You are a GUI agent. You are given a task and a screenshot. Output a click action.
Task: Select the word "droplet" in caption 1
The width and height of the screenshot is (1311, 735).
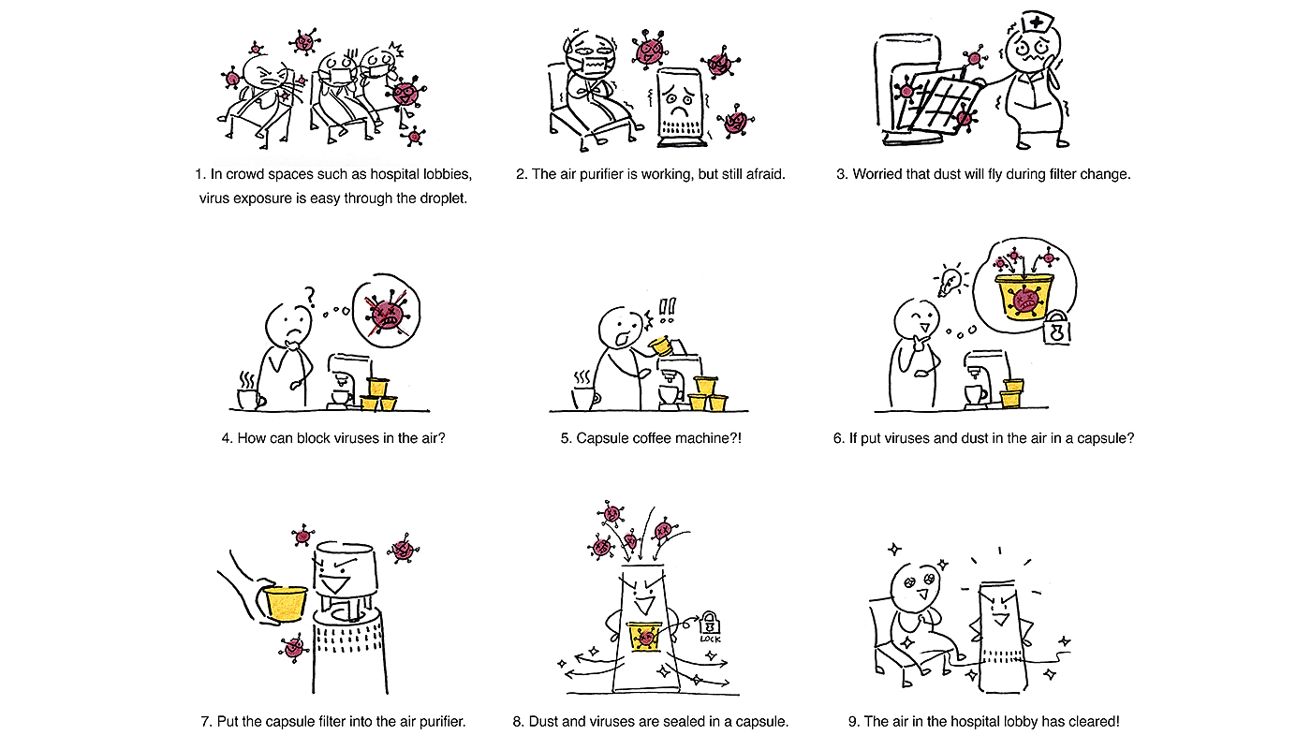[438, 198]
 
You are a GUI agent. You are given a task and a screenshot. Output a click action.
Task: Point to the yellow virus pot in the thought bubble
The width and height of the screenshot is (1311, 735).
[1023, 295]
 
